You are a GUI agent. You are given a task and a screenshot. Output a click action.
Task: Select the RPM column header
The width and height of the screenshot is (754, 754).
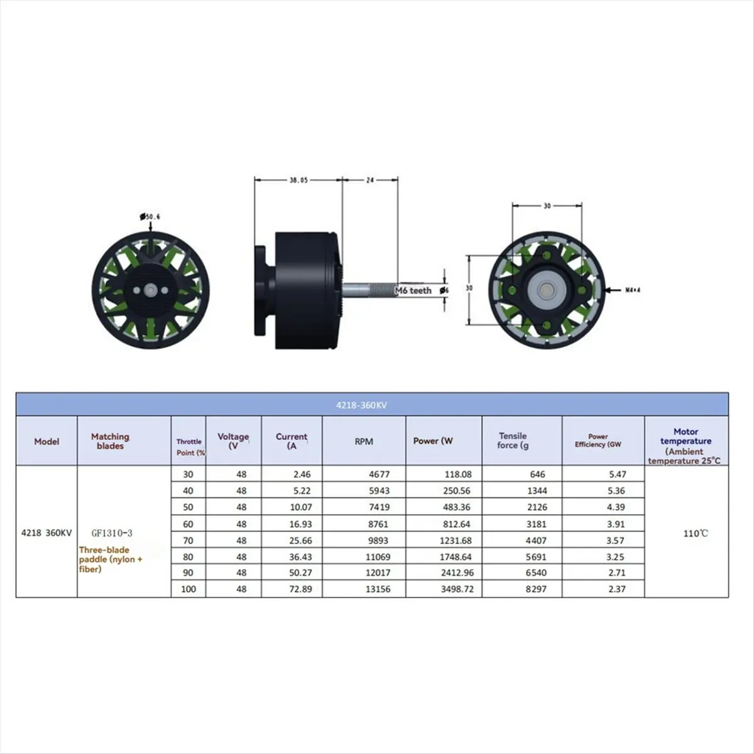click(364, 442)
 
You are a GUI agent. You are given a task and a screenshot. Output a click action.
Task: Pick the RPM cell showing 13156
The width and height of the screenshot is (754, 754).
click(377, 589)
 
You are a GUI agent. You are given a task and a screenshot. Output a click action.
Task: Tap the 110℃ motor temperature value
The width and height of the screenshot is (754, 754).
click(696, 533)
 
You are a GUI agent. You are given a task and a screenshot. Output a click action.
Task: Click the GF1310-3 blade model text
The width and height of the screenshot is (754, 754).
click(112, 533)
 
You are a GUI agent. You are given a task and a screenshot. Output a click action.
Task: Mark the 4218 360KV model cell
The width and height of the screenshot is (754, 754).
click(46, 533)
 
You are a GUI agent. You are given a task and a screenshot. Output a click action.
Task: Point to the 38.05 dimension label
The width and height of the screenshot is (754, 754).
click(298, 180)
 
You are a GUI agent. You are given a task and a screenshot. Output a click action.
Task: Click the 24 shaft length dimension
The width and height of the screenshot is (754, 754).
click(369, 180)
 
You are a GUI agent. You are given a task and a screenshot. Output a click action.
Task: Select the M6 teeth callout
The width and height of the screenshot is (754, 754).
click(413, 290)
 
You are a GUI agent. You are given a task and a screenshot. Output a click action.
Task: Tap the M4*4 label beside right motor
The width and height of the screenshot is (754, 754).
click(633, 290)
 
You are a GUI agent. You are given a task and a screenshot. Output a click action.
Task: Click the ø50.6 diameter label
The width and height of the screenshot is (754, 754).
click(150, 217)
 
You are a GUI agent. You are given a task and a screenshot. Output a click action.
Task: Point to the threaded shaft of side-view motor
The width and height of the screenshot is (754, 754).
click(371, 290)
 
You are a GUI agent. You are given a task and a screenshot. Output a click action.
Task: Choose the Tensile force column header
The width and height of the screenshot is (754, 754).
click(512, 440)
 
